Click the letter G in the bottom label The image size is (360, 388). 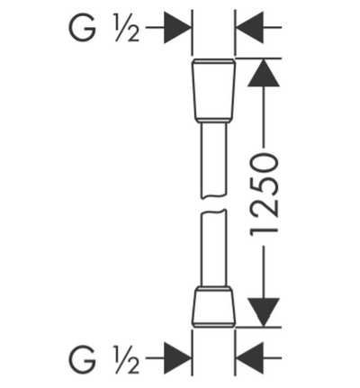[x=83, y=358]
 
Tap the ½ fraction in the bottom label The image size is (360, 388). [x=127, y=358]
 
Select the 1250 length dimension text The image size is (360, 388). [x=263, y=194]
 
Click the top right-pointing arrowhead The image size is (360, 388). [x=177, y=27]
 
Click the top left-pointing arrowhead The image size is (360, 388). [x=249, y=27]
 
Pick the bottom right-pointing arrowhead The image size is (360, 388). [x=177, y=358]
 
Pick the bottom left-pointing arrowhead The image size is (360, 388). [x=249, y=358]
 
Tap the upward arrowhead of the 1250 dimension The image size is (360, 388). [x=264, y=73]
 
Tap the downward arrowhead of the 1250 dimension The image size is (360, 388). [x=264, y=312]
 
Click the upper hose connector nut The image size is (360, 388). [x=213, y=91]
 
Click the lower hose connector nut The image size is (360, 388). [x=213, y=307]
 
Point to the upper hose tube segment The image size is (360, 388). [x=213, y=160]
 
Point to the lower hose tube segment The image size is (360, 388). [x=213, y=248]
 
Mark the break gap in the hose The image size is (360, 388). [x=213, y=204]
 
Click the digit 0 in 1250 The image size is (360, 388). [x=263, y=163]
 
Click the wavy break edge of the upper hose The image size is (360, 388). [x=213, y=197]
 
